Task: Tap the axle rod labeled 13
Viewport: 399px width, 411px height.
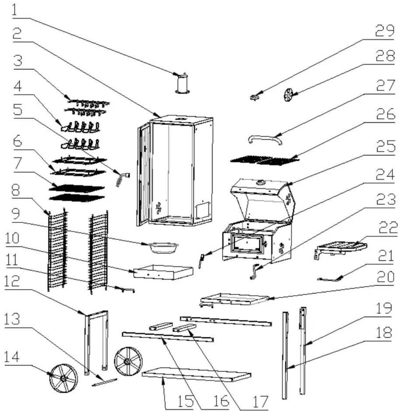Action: point(105,382)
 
